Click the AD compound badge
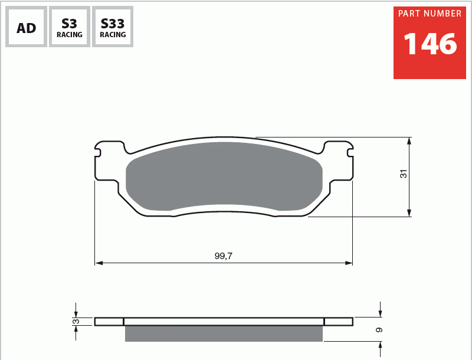[x=26, y=27]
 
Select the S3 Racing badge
[x=70, y=27]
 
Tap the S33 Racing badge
[x=113, y=27]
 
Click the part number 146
[x=430, y=44]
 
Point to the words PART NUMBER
[x=430, y=14]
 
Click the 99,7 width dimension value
[x=224, y=256]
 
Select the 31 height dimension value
[x=404, y=174]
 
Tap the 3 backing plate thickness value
[x=77, y=322]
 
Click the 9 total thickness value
[x=379, y=330]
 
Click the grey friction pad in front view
[x=224, y=176]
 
